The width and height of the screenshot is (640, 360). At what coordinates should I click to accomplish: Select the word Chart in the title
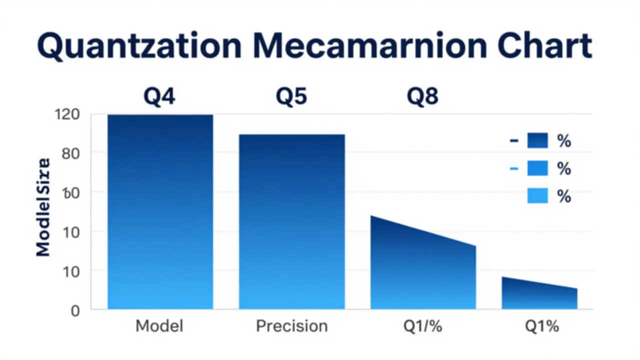pos(542,47)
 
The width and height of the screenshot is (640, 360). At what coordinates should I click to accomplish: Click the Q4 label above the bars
pos(159,96)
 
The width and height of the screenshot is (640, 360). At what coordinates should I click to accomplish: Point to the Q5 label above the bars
pos(291,96)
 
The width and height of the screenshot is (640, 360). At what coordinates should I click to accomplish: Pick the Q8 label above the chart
pos(422,96)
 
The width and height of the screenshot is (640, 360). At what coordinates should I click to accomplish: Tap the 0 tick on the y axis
pos(74,310)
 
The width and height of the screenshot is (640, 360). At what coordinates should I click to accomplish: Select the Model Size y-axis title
pos(43,207)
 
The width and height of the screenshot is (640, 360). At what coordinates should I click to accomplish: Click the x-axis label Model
pos(159,326)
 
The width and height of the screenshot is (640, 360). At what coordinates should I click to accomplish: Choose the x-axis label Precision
pos(291,326)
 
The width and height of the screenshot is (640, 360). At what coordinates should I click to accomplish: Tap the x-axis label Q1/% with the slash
pos(422,326)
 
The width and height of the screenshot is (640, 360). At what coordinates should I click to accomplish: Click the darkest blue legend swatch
pos(537,141)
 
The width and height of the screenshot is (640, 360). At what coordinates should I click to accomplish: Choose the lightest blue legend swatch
pos(537,195)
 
